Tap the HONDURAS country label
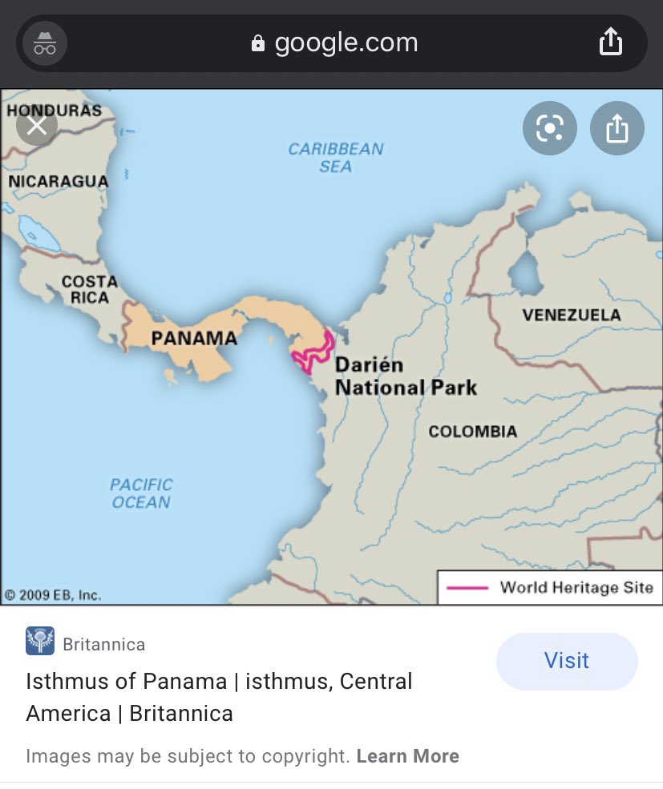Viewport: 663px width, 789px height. pyautogui.click(x=55, y=111)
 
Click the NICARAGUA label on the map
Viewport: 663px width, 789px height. pyautogui.click(x=58, y=182)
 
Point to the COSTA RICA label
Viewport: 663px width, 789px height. pyautogui.click(x=89, y=289)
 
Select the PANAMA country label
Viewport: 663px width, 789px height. pyautogui.click(x=194, y=338)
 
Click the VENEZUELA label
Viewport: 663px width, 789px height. pyautogui.click(x=572, y=315)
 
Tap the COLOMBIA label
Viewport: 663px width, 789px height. pyautogui.click(x=472, y=432)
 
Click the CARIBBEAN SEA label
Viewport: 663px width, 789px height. pyautogui.click(x=335, y=158)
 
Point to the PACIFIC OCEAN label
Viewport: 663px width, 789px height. pyautogui.click(x=141, y=493)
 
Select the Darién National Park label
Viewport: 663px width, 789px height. pyautogui.click(x=405, y=376)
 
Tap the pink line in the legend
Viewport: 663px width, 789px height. pyautogui.click(x=467, y=588)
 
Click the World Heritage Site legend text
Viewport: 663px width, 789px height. pyautogui.click(x=576, y=587)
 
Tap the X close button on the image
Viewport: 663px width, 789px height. pyautogui.click(x=37, y=126)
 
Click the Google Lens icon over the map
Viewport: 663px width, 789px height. pyautogui.click(x=550, y=128)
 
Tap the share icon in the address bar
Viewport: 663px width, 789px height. pyautogui.click(x=610, y=42)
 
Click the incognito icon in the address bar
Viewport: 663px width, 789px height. pyautogui.click(x=45, y=43)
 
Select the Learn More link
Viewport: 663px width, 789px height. pyautogui.click(x=407, y=756)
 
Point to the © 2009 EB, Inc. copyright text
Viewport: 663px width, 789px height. pyautogui.click(x=52, y=595)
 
